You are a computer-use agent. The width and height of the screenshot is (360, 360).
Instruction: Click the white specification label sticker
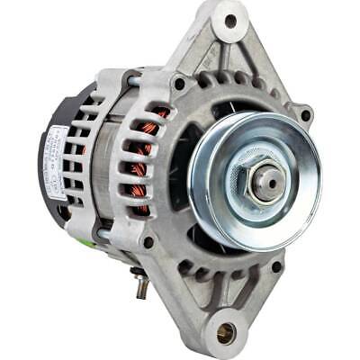[x=57, y=163]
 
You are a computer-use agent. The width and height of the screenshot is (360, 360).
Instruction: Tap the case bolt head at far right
[x=305, y=114]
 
